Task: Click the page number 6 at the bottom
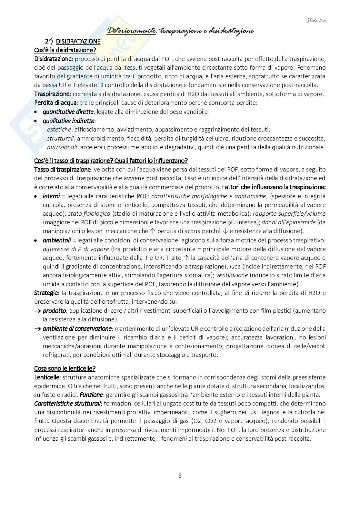click(x=180, y=475)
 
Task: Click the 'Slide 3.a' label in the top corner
click(x=316, y=20)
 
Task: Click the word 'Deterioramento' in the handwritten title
click(x=131, y=31)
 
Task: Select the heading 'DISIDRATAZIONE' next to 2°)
click(x=78, y=42)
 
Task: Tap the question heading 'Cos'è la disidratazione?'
click(x=65, y=50)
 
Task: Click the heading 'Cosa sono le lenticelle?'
click(x=65, y=368)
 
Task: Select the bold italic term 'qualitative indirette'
click(x=69, y=121)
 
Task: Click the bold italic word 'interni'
click(x=51, y=196)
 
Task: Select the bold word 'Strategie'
click(x=46, y=293)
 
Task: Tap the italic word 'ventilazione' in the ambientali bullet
click(x=232, y=275)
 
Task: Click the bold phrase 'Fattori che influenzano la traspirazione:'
click(x=274, y=187)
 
